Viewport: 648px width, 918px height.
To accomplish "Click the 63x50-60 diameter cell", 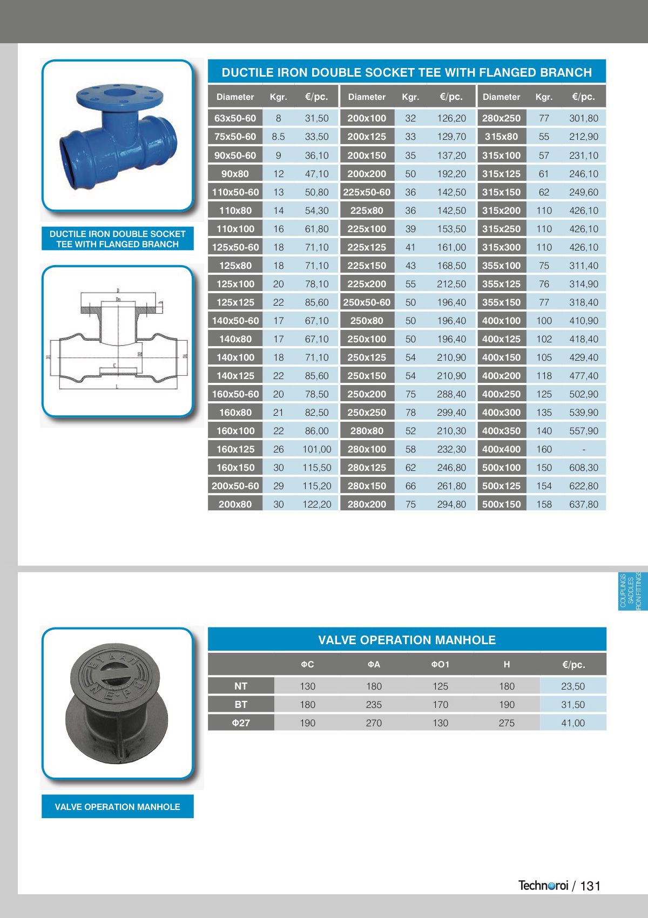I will [235, 118].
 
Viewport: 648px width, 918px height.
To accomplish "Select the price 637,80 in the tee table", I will [584, 504].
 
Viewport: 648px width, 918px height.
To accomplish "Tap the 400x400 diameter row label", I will [501, 449].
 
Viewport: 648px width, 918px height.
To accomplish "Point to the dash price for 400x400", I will [584, 449].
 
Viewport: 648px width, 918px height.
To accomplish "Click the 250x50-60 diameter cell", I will [367, 302].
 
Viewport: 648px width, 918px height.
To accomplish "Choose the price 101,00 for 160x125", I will [316, 449].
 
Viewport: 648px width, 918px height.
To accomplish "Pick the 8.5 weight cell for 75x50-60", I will [278, 137].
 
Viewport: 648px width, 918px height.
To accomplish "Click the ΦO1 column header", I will [440, 665].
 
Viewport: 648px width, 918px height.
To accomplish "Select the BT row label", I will [241, 705].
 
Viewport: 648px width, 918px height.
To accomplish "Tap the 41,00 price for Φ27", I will [573, 723].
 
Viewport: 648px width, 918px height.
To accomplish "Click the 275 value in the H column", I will [507, 723].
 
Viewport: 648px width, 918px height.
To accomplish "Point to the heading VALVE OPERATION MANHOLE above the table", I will [407, 640].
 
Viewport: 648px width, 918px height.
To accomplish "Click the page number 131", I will [590, 886].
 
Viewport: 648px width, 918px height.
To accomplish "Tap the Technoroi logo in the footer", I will [543, 886].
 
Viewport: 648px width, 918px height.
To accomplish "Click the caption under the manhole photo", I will [117, 807].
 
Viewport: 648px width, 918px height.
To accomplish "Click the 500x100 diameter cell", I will [501, 468].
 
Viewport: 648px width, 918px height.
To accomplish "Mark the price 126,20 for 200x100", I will [451, 118].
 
